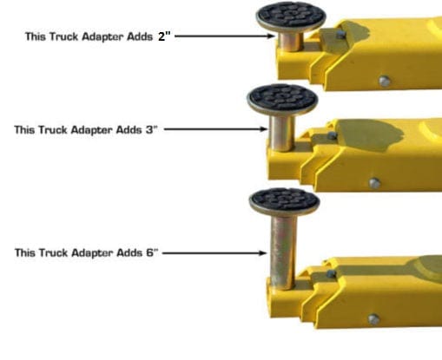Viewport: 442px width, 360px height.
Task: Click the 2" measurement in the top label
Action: click(x=164, y=36)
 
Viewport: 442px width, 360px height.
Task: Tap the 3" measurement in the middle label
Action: click(x=152, y=129)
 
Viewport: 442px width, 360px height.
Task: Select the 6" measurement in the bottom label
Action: click(x=152, y=252)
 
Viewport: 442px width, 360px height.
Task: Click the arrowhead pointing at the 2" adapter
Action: click(x=271, y=36)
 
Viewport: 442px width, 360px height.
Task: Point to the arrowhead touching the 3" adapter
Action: click(x=263, y=129)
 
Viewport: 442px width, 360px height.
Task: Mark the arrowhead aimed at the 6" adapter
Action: click(x=262, y=253)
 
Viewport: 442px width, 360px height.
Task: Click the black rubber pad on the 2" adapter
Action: click(x=290, y=16)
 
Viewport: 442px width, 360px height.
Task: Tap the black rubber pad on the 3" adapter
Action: click(x=282, y=97)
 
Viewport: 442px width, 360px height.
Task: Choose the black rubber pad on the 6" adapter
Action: click(x=284, y=200)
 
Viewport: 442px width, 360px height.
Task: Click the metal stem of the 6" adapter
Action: click(x=283, y=252)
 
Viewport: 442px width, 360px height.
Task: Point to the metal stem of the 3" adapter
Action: click(x=282, y=133)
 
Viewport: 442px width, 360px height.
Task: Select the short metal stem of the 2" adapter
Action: click(x=291, y=41)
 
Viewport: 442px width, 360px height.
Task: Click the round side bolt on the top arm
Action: click(x=384, y=82)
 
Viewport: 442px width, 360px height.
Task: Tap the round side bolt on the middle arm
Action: click(x=374, y=183)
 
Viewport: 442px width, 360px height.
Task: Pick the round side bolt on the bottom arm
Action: click(x=373, y=318)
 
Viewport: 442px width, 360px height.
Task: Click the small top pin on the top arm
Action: click(x=340, y=35)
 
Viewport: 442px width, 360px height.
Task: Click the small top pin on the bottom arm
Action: click(x=331, y=273)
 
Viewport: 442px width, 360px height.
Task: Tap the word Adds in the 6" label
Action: click(x=129, y=252)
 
